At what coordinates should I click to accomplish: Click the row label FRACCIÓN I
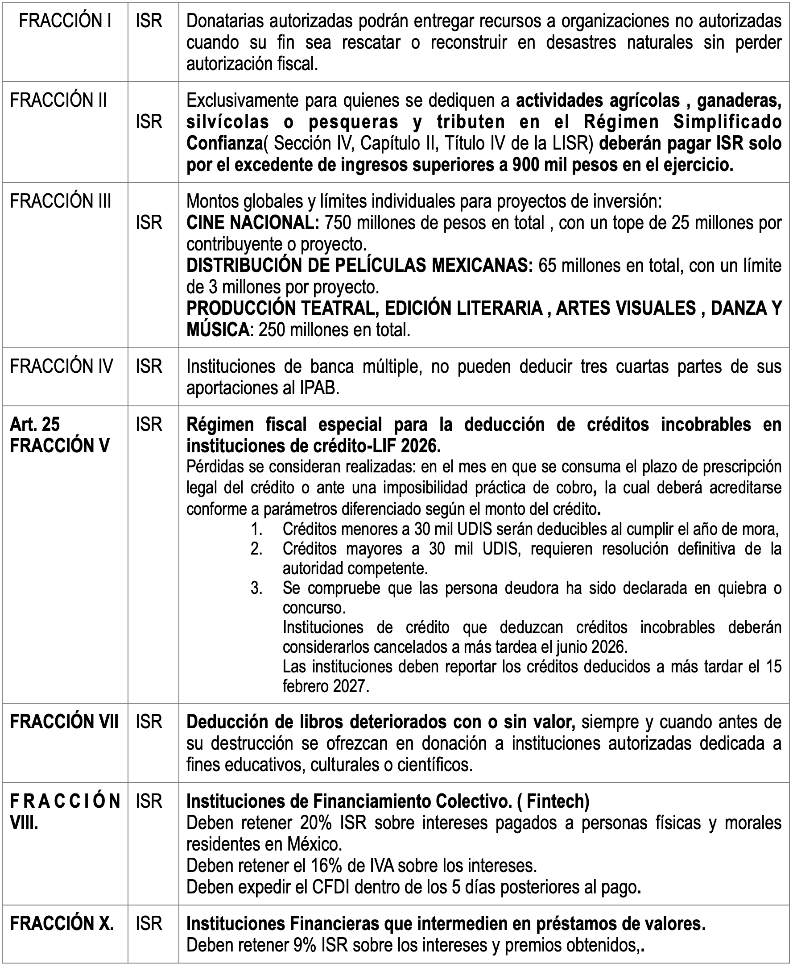tap(65, 21)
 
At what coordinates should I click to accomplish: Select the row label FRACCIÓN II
tap(58, 100)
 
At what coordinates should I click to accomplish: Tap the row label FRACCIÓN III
tap(61, 201)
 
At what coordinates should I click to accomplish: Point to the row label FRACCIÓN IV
tap(61, 366)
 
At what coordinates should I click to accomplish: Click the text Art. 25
tap(35, 424)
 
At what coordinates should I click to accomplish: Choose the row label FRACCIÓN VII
tap(64, 722)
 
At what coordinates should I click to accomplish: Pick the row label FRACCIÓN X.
tap(62, 923)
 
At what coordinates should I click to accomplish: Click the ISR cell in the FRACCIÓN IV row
tap(149, 366)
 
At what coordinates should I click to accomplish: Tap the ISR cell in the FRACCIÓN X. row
tap(149, 923)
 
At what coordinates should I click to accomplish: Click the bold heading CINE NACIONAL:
tap(252, 223)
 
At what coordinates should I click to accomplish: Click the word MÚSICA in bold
tap(218, 330)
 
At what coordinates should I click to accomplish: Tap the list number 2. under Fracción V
tap(256, 549)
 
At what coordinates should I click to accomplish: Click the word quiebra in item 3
tap(734, 588)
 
